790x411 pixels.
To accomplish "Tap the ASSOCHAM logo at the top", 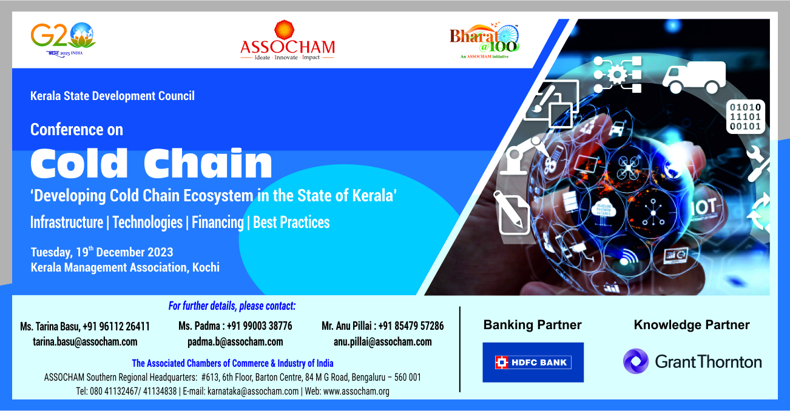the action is pyautogui.click(x=288, y=41).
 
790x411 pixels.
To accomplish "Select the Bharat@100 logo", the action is pyautogui.click(x=485, y=41).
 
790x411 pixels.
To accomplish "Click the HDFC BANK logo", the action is pyautogui.click(x=533, y=363).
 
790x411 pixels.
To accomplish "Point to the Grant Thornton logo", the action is pyautogui.click(x=692, y=361).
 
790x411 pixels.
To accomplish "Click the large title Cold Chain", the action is pyautogui.click(x=151, y=163).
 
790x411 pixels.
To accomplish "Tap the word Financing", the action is pyautogui.click(x=218, y=222).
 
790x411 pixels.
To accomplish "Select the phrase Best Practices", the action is pyautogui.click(x=291, y=222).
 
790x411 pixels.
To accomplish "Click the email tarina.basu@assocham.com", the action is pyautogui.click(x=85, y=341).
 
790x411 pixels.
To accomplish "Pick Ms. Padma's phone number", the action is pyautogui.click(x=259, y=326).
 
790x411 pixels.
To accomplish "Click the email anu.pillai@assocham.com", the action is pyautogui.click(x=383, y=341).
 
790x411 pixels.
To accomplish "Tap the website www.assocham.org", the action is pyautogui.click(x=356, y=391).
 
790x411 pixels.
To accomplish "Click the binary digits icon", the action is pyautogui.click(x=745, y=116).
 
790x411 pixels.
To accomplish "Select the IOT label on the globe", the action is pyautogui.click(x=703, y=207).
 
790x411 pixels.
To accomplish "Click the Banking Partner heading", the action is pyautogui.click(x=533, y=325).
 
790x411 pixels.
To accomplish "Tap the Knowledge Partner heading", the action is pyautogui.click(x=692, y=325).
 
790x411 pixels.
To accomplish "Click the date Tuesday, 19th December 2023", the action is pyautogui.click(x=102, y=252).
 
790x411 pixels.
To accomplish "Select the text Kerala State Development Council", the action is pyautogui.click(x=112, y=96).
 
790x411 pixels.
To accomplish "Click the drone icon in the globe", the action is pyautogui.click(x=629, y=167).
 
